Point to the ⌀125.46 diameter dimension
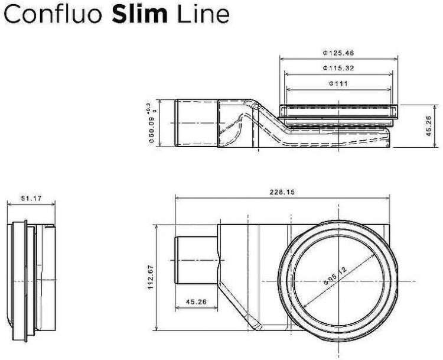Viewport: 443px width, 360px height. pos(338,53)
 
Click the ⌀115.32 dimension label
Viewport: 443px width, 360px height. pos(338,69)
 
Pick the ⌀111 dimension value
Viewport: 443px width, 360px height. pos(338,84)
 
